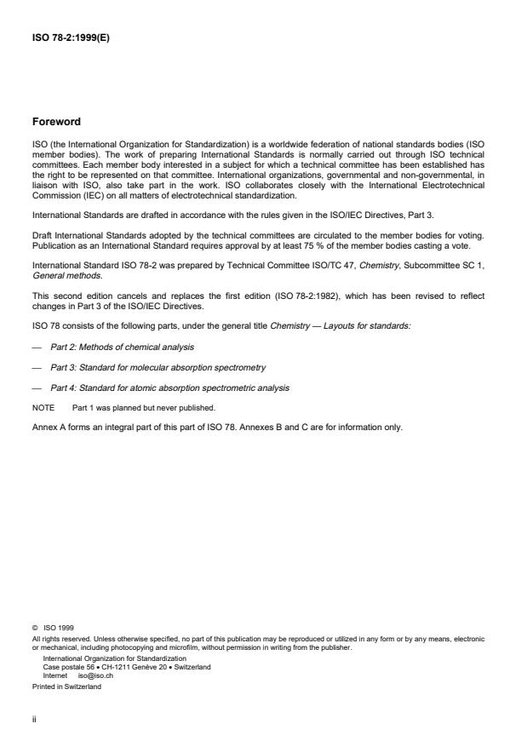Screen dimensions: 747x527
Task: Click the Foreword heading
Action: tap(56, 122)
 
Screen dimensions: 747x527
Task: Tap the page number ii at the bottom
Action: tap(34, 718)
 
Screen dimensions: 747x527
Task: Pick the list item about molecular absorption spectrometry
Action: tap(146, 367)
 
